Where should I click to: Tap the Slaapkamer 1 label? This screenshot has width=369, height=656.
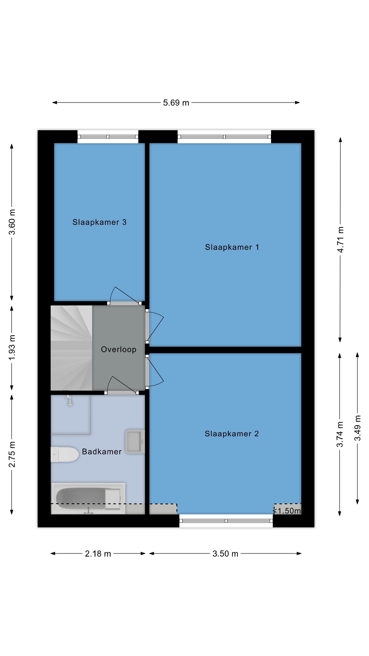pyautogui.click(x=232, y=247)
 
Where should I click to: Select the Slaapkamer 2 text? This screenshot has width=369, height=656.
pyautogui.click(x=232, y=434)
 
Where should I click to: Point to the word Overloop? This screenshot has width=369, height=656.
pyautogui.click(x=119, y=349)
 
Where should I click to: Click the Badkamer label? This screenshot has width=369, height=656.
pyautogui.click(x=102, y=452)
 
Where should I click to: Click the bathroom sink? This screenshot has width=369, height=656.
pyautogui.click(x=135, y=442)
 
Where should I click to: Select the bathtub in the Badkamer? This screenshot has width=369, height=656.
pyautogui.click(x=88, y=498)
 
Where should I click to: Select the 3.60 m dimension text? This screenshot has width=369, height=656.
pyautogui.click(x=12, y=222)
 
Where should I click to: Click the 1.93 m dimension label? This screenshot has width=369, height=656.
pyautogui.click(x=12, y=347)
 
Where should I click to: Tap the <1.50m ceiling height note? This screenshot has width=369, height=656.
pyautogui.click(x=287, y=511)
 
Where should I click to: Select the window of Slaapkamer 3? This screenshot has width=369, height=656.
pyautogui.click(x=108, y=137)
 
